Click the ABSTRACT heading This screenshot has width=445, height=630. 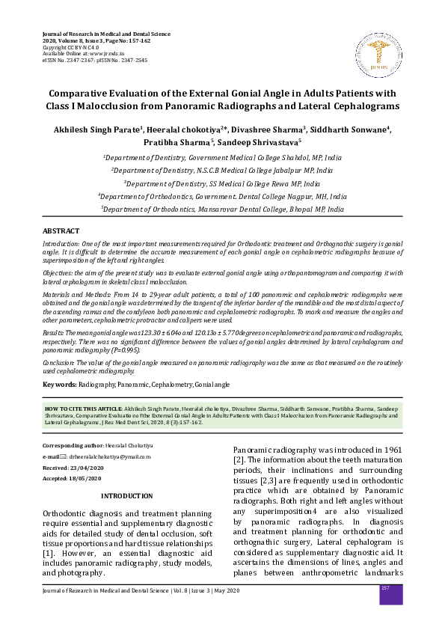coord(61,232)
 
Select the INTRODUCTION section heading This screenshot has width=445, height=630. coord(142,496)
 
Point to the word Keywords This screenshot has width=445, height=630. coord(59,384)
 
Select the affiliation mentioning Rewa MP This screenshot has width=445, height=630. coord(222,183)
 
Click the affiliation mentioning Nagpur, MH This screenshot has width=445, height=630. coord(222,197)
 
